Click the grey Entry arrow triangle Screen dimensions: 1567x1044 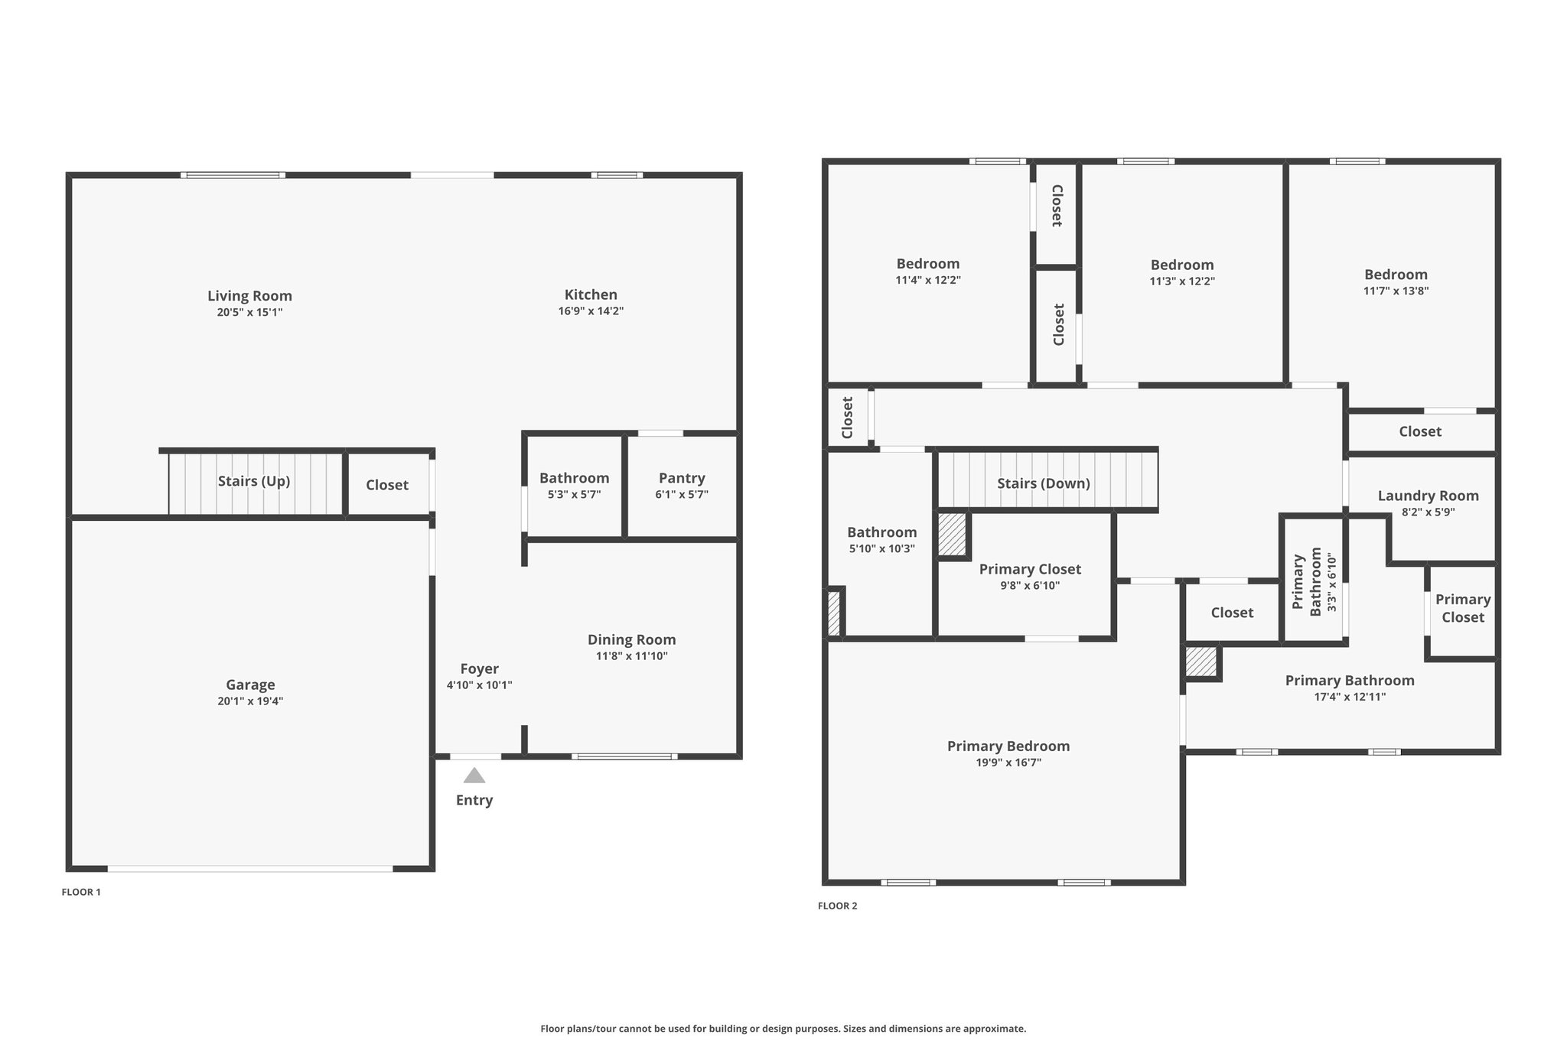pyautogui.click(x=474, y=776)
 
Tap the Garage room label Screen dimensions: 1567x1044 pyautogui.click(x=250, y=685)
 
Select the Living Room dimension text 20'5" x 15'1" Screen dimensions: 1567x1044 pyautogui.click(x=250, y=312)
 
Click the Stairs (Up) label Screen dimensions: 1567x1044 pyautogui.click(x=254, y=481)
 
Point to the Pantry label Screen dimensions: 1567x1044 pyautogui.click(x=682, y=478)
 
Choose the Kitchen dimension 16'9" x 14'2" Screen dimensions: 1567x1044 pyautogui.click(x=591, y=311)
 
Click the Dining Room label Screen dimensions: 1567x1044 pyautogui.click(x=632, y=639)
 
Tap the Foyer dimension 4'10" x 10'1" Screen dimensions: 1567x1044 pyautogui.click(x=480, y=685)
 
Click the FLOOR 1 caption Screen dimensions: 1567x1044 pyautogui.click(x=81, y=892)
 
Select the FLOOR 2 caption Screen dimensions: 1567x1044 pyautogui.click(x=838, y=906)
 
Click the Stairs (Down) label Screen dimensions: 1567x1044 pyautogui.click(x=1044, y=483)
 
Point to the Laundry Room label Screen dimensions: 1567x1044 pyautogui.click(x=1429, y=496)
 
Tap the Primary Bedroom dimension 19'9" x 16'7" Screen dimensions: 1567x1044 pyautogui.click(x=1008, y=763)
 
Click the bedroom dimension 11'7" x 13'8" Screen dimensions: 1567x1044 pyautogui.click(x=1396, y=291)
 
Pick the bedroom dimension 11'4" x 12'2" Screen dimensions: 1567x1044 pyautogui.click(x=928, y=280)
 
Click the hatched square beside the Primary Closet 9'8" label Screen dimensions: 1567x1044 pyautogui.click(x=953, y=534)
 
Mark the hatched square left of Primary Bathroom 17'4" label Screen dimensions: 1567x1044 pyautogui.click(x=1201, y=662)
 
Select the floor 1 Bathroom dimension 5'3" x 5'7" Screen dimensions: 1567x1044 pyautogui.click(x=575, y=494)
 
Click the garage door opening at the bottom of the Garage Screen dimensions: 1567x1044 pyautogui.click(x=250, y=869)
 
